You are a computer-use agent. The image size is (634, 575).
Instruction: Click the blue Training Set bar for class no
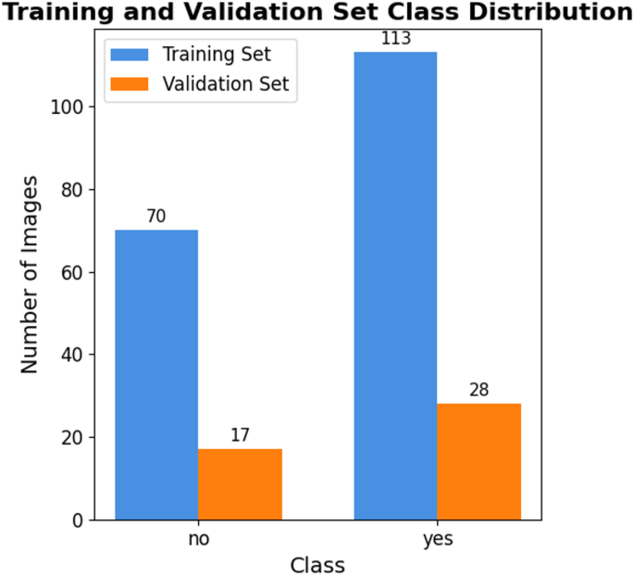pyautogui.click(x=156, y=375)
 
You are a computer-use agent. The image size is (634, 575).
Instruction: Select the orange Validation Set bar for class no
pyautogui.click(x=240, y=484)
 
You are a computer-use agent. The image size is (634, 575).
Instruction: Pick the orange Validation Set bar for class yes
pyautogui.click(x=479, y=461)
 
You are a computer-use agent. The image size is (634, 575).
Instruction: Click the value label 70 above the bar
pyautogui.click(x=156, y=217)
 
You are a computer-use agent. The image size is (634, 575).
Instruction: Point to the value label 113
pyautogui.click(x=395, y=39)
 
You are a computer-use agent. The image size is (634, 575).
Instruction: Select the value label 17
pyautogui.click(x=240, y=435)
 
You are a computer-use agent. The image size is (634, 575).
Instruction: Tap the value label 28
pyautogui.click(x=479, y=390)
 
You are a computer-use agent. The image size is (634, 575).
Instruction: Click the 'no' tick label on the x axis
pyautogui.click(x=198, y=539)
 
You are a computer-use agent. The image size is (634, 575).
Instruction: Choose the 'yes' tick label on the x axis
pyautogui.click(x=438, y=539)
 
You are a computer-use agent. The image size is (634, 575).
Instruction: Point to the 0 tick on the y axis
pyautogui.click(x=78, y=520)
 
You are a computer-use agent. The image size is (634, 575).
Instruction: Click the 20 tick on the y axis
pyautogui.click(x=73, y=437)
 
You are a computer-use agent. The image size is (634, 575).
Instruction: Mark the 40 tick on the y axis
pyautogui.click(x=73, y=355)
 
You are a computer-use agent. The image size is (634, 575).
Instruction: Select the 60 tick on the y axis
pyautogui.click(x=73, y=272)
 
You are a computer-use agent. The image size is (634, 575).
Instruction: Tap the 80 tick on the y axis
pyautogui.click(x=73, y=190)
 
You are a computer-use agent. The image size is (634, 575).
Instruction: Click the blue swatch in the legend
pyautogui.click(x=131, y=55)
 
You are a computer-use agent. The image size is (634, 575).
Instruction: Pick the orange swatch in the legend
pyautogui.click(x=131, y=84)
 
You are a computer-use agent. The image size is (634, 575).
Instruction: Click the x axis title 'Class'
pyautogui.click(x=317, y=564)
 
